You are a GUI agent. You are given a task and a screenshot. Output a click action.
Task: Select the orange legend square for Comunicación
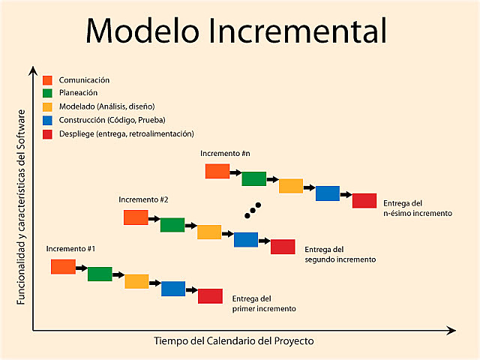point(47,80)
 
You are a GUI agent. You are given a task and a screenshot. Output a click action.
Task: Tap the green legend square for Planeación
point(47,93)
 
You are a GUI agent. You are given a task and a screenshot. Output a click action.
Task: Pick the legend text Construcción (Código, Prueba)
point(112,120)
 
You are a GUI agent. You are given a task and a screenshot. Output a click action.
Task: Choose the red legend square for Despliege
point(47,133)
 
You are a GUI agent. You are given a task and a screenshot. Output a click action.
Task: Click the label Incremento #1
point(70,248)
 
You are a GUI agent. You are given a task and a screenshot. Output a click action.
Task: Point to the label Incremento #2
point(142,199)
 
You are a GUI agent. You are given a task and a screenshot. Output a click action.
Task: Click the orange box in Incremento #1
point(63,266)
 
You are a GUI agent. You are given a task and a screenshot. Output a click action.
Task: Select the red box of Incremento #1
point(210,296)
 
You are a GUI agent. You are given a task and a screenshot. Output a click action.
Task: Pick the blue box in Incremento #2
point(246,239)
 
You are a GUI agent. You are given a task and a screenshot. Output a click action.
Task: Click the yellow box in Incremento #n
point(290,186)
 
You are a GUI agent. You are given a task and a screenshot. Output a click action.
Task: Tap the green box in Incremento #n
point(253,178)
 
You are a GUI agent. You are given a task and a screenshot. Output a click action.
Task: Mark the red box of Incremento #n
point(364,200)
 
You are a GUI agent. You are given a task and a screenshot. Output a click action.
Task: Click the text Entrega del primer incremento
point(264,303)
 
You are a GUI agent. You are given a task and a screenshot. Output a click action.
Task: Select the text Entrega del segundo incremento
point(340,254)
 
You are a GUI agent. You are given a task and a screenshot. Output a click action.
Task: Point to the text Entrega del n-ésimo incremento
point(417,208)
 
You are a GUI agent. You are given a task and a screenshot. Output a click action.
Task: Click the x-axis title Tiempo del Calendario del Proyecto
point(234,341)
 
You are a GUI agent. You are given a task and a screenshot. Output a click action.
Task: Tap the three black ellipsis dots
point(253,210)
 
